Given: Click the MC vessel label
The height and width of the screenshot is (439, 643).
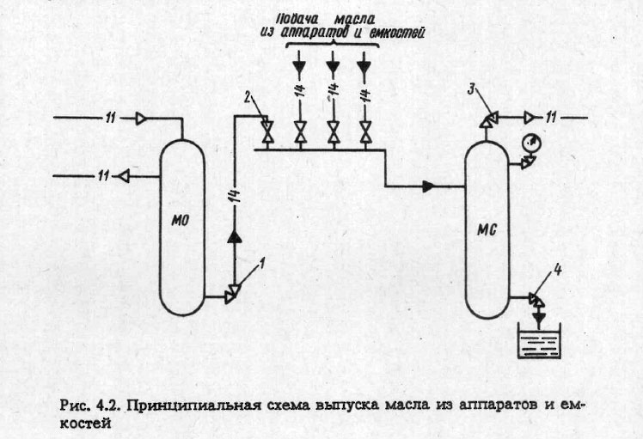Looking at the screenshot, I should coord(487,229).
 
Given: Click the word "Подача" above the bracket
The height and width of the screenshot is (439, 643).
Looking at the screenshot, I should coord(312,19).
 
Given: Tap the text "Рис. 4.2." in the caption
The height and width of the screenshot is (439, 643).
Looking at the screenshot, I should coord(91,405).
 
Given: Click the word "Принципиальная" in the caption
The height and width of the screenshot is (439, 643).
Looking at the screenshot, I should coord(181,405).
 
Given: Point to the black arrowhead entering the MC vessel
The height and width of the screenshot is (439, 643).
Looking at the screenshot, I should coord(428,185).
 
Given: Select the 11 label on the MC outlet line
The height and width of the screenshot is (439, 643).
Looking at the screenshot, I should coord(558,115).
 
